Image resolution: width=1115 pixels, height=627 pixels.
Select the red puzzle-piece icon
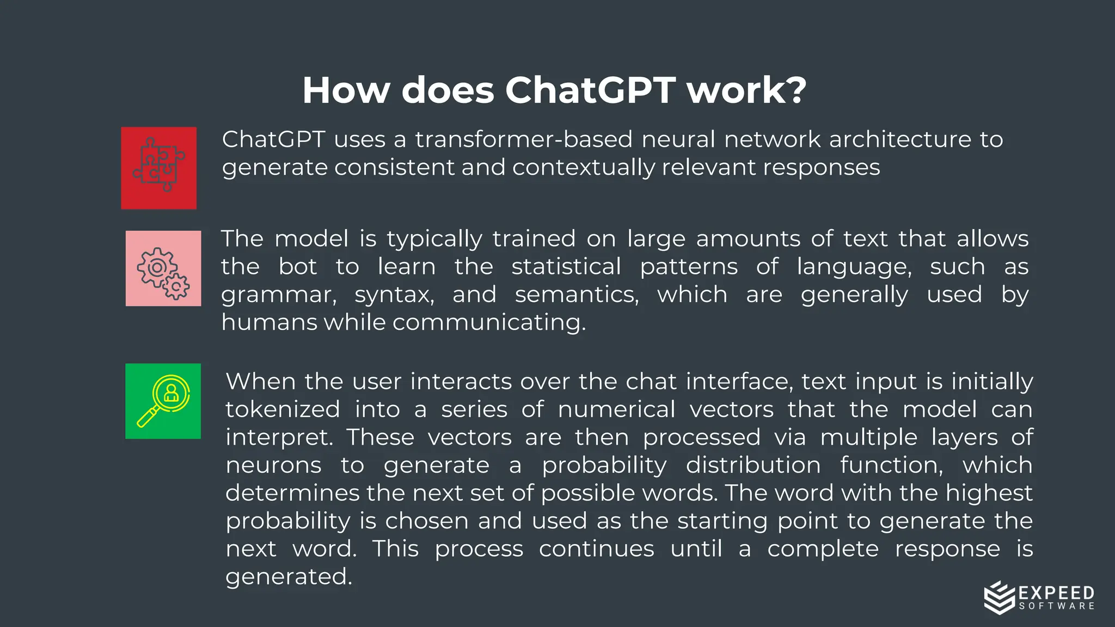click(158, 168)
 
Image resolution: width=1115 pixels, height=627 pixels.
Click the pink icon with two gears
click(163, 268)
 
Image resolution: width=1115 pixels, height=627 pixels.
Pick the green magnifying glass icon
click(163, 401)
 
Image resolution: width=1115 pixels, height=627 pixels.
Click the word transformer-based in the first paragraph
click(523, 139)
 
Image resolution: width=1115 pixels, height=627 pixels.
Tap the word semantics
click(577, 294)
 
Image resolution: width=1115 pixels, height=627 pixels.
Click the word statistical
click(566, 267)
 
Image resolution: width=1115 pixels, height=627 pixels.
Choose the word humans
click(269, 322)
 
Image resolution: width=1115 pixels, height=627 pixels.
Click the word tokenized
click(283, 409)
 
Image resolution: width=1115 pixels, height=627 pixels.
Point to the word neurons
click(273, 465)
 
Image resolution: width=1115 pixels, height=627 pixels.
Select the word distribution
click(753, 465)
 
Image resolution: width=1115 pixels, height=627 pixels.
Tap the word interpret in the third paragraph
click(279, 438)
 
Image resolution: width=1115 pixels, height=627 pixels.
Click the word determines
click(292, 493)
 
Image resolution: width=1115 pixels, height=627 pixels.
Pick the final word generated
click(289, 577)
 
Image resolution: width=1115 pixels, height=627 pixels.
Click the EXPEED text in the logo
click(1056, 593)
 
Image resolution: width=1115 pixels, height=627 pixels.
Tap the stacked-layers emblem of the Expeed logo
click(999, 598)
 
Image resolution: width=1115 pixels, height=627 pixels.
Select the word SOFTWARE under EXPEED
click(1056, 606)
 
